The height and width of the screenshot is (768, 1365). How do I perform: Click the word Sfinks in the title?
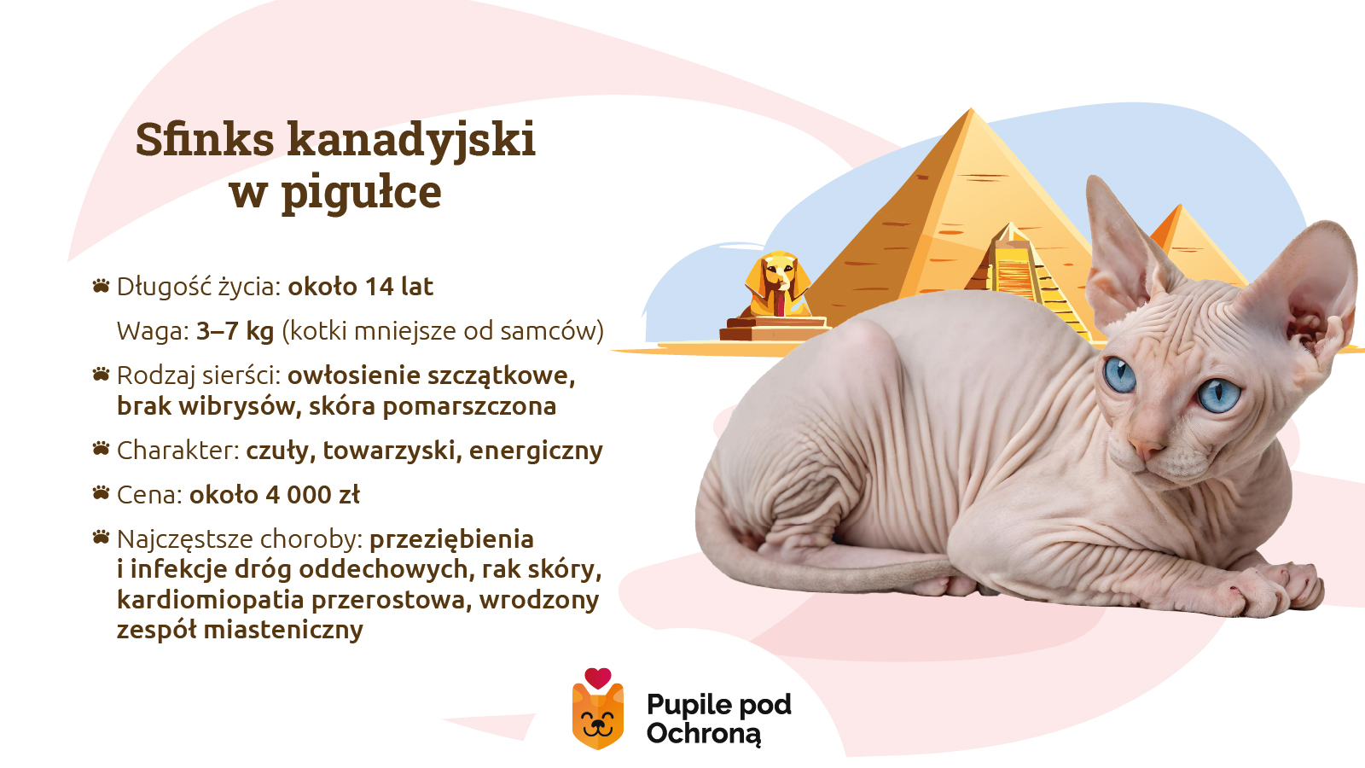tap(205, 139)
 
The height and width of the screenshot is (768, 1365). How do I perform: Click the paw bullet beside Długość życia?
tap(102, 286)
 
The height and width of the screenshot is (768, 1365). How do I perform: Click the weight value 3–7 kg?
tap(235, 331)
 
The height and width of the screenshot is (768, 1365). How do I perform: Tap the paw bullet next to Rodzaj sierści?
tap(102, 375)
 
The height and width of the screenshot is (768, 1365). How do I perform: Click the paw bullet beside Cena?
tap(102, 494)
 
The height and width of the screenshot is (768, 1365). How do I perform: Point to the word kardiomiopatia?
tap(210, 600)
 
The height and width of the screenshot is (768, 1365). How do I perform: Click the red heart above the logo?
tap(598, 678)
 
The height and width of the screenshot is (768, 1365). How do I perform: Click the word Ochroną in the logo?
tap(703, 734)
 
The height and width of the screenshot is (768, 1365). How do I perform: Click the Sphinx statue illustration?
tap(775, 294)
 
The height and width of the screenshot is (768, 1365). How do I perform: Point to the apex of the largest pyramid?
tap(970, 110)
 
